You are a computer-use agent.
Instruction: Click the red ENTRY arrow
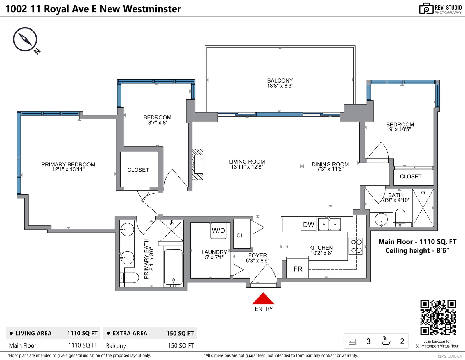[263, 298]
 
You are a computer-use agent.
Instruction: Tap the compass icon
[25, 39]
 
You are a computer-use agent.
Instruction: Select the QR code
[438, 317]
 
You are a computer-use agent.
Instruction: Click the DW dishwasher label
[309, 225]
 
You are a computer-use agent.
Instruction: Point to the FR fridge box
[298, 268]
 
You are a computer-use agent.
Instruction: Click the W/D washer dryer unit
[219, 231]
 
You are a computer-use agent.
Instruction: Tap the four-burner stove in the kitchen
[356, 246]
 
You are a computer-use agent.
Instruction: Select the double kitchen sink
[329, 224]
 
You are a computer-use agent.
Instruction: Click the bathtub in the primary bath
[173, 267]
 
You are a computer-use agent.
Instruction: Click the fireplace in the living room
[197, 164]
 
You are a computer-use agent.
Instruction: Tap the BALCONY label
[280, 81]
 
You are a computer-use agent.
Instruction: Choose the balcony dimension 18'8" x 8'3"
[280, 86]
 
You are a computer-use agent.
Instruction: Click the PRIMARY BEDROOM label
[68, 164]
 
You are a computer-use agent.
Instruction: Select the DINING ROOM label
[330, 164]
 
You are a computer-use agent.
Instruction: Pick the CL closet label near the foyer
[240, 236]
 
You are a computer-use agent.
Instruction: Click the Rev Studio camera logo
[426, 8]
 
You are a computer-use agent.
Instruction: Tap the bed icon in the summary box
[352, 341]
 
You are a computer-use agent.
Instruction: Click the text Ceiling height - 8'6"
[417, 250]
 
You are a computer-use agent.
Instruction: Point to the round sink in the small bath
[381, 219]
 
